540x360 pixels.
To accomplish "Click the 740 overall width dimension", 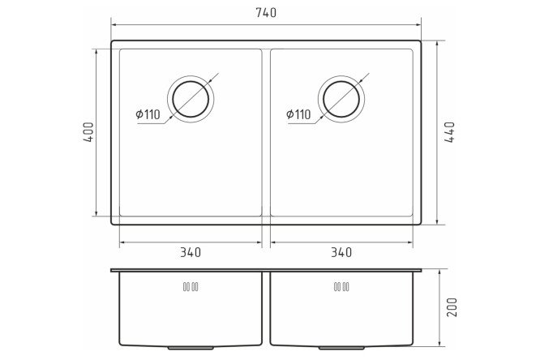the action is click(266, 13).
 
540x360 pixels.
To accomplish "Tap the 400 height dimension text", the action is click(88, 132).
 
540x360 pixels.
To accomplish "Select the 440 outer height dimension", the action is click(449, 132).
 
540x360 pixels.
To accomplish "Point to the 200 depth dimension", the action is click(452, 307).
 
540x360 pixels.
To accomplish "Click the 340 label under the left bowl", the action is click(191, 252).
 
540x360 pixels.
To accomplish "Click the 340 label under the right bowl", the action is click(341, 252).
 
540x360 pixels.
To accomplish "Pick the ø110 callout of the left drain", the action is click(148, 114).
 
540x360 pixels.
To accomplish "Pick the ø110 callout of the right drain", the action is click(298, 114).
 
